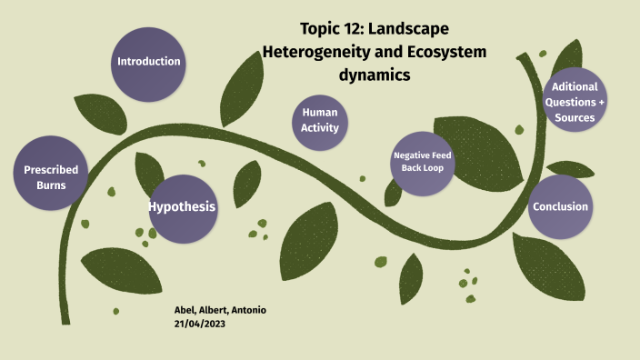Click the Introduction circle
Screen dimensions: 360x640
click(148, 62)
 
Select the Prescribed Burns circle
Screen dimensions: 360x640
click(51, 177)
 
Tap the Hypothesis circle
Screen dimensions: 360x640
click(183, 207)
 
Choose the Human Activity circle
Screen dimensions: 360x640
click(320, 120)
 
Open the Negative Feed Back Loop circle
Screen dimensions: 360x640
click(422, 164)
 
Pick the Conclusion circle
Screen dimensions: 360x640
click(560, 206)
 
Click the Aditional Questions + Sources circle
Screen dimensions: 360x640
click(575, 101)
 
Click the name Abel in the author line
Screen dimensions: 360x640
click(185, 310)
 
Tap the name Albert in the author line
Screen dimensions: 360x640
click(213, 310)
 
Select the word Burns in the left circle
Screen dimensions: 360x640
click(51, 185)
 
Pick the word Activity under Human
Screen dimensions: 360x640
click(320, 128)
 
